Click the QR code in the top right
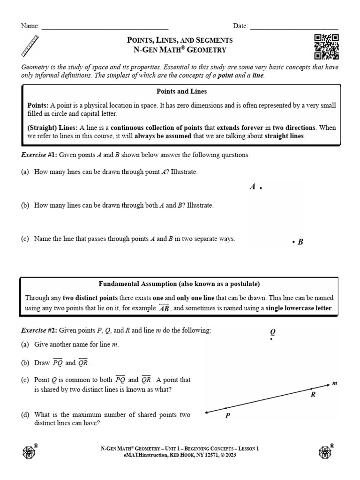(326, 47)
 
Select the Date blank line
(294, 27)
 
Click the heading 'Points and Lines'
(181, 91)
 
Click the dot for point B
(293, 242)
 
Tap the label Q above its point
(272, 331)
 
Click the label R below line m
(313, 395)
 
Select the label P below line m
(227, 415)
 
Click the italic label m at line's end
(335, 383)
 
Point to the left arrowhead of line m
(207, 412)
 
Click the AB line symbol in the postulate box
(164, 308)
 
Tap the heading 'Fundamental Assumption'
(179, 284)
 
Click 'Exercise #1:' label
(39, 155)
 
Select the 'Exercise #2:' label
(39, 330)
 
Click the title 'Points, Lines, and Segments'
(180, 40)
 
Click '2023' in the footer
(231, 455)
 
